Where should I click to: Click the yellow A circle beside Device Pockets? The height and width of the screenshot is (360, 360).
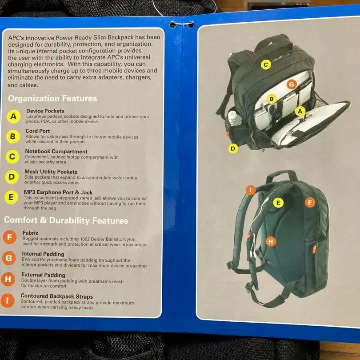pos(13,116)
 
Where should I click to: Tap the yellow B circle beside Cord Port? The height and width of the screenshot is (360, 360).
pos(13,136)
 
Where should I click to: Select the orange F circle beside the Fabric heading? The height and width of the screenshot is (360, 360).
pos(10,237)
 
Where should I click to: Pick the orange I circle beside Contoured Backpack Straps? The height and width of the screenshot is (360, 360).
pos(8,300)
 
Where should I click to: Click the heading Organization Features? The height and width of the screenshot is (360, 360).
pos(52,99)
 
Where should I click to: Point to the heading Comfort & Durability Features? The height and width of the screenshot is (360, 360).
pos(66,220)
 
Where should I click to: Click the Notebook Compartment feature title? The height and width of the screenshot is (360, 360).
pos(56,152)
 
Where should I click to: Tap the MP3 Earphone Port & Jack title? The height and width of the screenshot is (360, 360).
pos(58,192)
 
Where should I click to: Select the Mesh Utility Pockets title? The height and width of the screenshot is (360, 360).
pos(51,172)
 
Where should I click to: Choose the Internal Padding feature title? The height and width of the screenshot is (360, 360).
pos(43,254)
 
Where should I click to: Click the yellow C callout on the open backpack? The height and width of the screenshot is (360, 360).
pos(266,64)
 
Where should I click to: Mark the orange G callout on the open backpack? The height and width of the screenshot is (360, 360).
pos(292,84)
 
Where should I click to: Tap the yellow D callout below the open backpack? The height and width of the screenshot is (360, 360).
pos(233,148)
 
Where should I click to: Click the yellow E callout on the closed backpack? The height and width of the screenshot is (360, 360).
pos(278,203)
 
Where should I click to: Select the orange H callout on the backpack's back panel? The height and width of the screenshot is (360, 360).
pos(271,241)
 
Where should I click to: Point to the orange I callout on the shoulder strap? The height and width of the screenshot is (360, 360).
pos(251,190)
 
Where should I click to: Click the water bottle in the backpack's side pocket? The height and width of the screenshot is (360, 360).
pos(235,119)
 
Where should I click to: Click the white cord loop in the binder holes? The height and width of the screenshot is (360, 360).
pos(182,24)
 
